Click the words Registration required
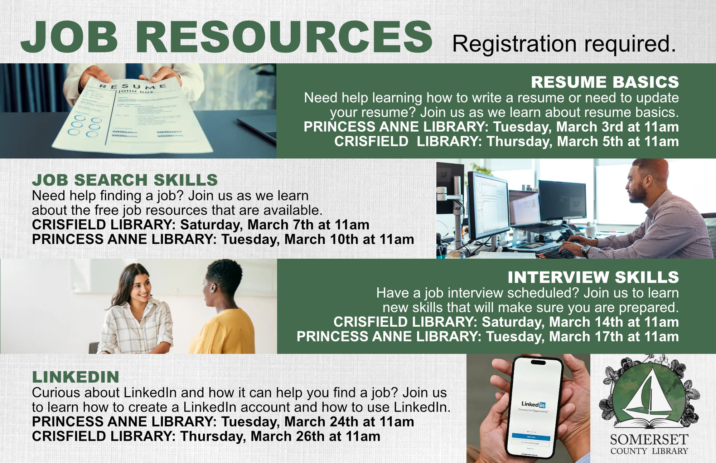click(x=564, y=44)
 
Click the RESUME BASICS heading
click(x=605, y=82)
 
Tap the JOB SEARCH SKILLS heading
click(x=125, y=180)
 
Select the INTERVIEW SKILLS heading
click(x=593, y=277)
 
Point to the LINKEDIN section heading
click(x=76, y=377)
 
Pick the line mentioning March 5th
click(x=506, y=142)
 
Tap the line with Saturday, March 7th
click(x=200, y=225)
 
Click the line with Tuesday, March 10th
click(x=223, y=239)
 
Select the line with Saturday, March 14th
click(x=506, y=322)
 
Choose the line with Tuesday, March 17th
click(x=488, y=337)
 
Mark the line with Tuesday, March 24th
click(x=223, y=422)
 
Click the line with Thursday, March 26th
click(x=206, y=437)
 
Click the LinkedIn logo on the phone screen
click(x=533, y=404)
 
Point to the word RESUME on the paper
click(x=132, y=86)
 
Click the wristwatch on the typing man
click(x=585, y=250)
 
